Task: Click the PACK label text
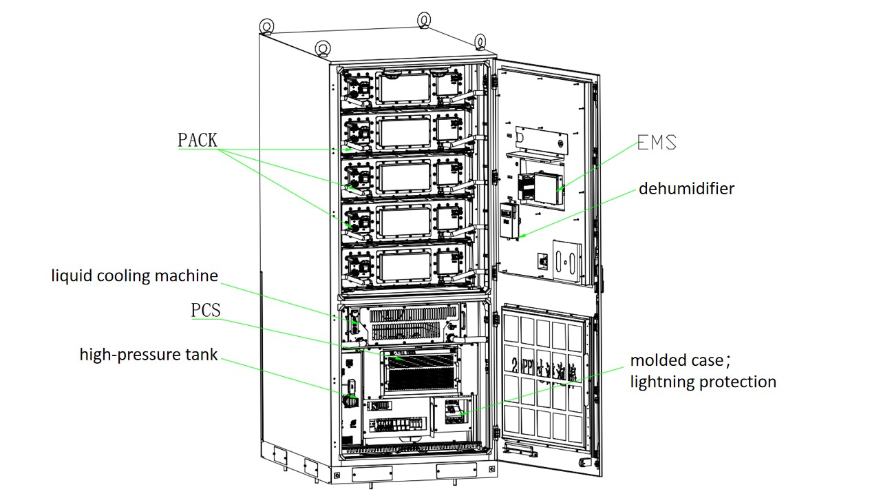click(x=198, y=141)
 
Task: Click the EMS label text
click(x=657, y=143)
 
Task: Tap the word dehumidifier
click(x=686, y=188)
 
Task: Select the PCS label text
click(x=206, y=310)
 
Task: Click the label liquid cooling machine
click(x=135, y=276)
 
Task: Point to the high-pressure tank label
click(x=149, y=355)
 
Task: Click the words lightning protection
click(x=703, y=382)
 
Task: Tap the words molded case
click(x=677, y=360)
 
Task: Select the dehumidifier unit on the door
click(x=510, y=220)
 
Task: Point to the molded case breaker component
click(x=454, y=411)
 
